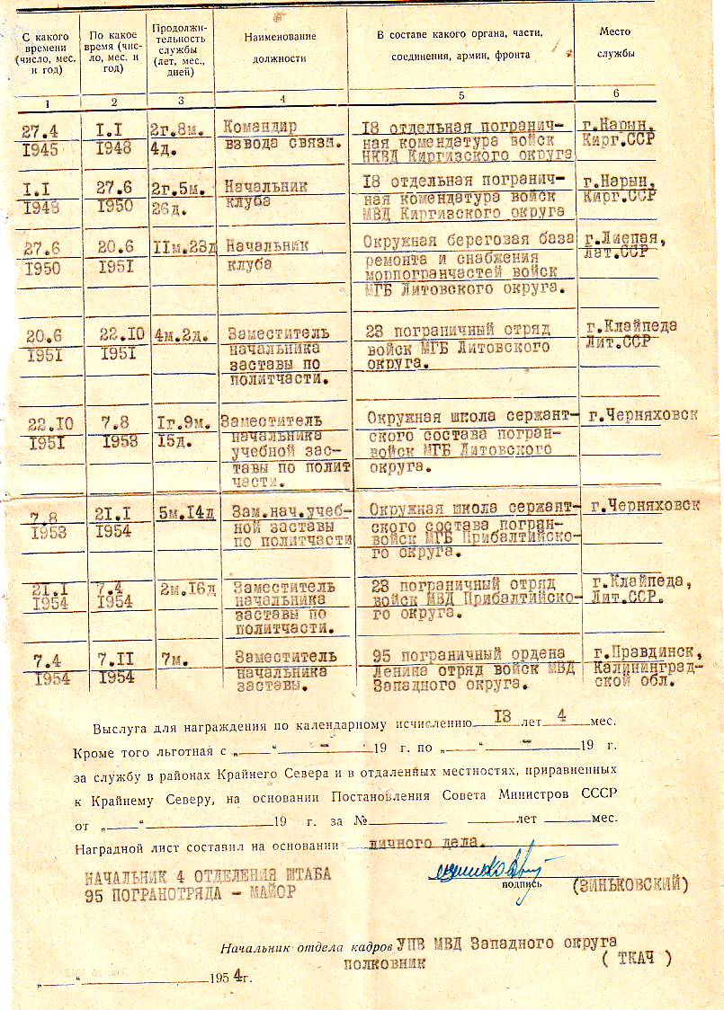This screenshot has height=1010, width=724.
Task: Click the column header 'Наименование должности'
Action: pos(281,46)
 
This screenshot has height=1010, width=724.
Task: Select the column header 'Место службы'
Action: pos(615,42)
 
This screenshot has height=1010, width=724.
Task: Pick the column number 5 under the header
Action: pos(460,94)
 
